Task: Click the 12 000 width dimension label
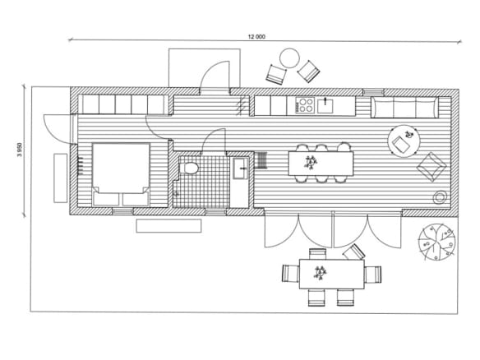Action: tap(256, 37)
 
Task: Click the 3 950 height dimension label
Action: tap(20, 150)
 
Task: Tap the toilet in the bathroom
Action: tap(188, 168)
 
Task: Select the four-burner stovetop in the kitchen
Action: tap(305, 104)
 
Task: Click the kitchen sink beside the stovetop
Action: tap(325, 105)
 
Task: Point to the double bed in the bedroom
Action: tap(121, 174)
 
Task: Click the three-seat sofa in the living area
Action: tap(404, 107)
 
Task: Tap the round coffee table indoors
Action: tap(404, 141)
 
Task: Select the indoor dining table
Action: tap(321, 164)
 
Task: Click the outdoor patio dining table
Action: tap(331, 274)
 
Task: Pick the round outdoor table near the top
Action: tap(289, 58)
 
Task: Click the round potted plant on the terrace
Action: tap(436, 242)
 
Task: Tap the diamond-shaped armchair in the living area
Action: tap(432, 167)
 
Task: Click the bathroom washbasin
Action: tap(240, 168)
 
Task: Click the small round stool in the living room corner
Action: tap(440, 198)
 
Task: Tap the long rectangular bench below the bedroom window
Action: tap(168, 226)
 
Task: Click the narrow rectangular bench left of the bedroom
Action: tap(60, 178)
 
